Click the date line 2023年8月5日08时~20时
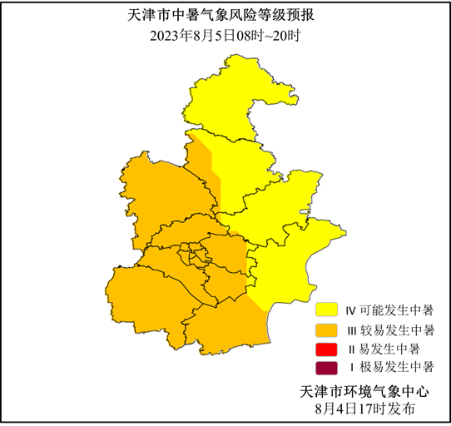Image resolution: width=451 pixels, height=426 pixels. point(225,35)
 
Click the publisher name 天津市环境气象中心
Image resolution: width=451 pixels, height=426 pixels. point(364,391)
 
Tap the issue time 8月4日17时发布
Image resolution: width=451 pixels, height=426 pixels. point(364,409)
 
